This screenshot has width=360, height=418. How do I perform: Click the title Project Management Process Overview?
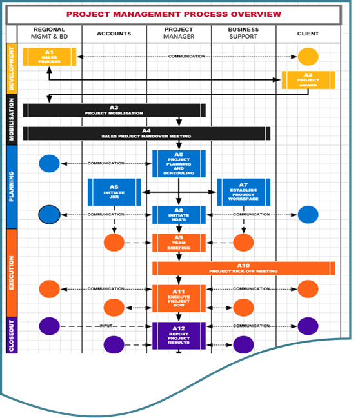click(174, 14)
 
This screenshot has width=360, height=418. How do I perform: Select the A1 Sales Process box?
click(50, 57)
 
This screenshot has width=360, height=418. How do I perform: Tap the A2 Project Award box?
click(308, 79)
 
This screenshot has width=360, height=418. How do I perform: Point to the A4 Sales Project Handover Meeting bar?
click(146, 134)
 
